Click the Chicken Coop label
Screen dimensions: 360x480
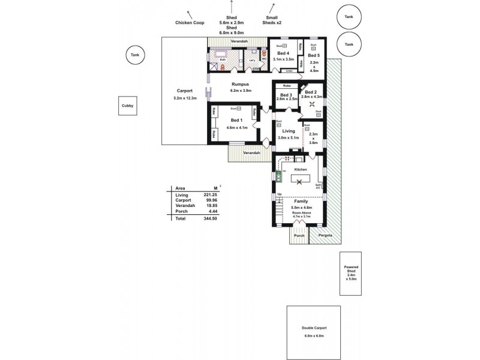190,23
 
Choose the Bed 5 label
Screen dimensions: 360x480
314,56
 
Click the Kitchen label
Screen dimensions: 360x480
301,170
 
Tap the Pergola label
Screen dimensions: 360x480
325,235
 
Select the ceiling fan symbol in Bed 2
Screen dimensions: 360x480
312,104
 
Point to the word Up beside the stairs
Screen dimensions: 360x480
279,194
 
